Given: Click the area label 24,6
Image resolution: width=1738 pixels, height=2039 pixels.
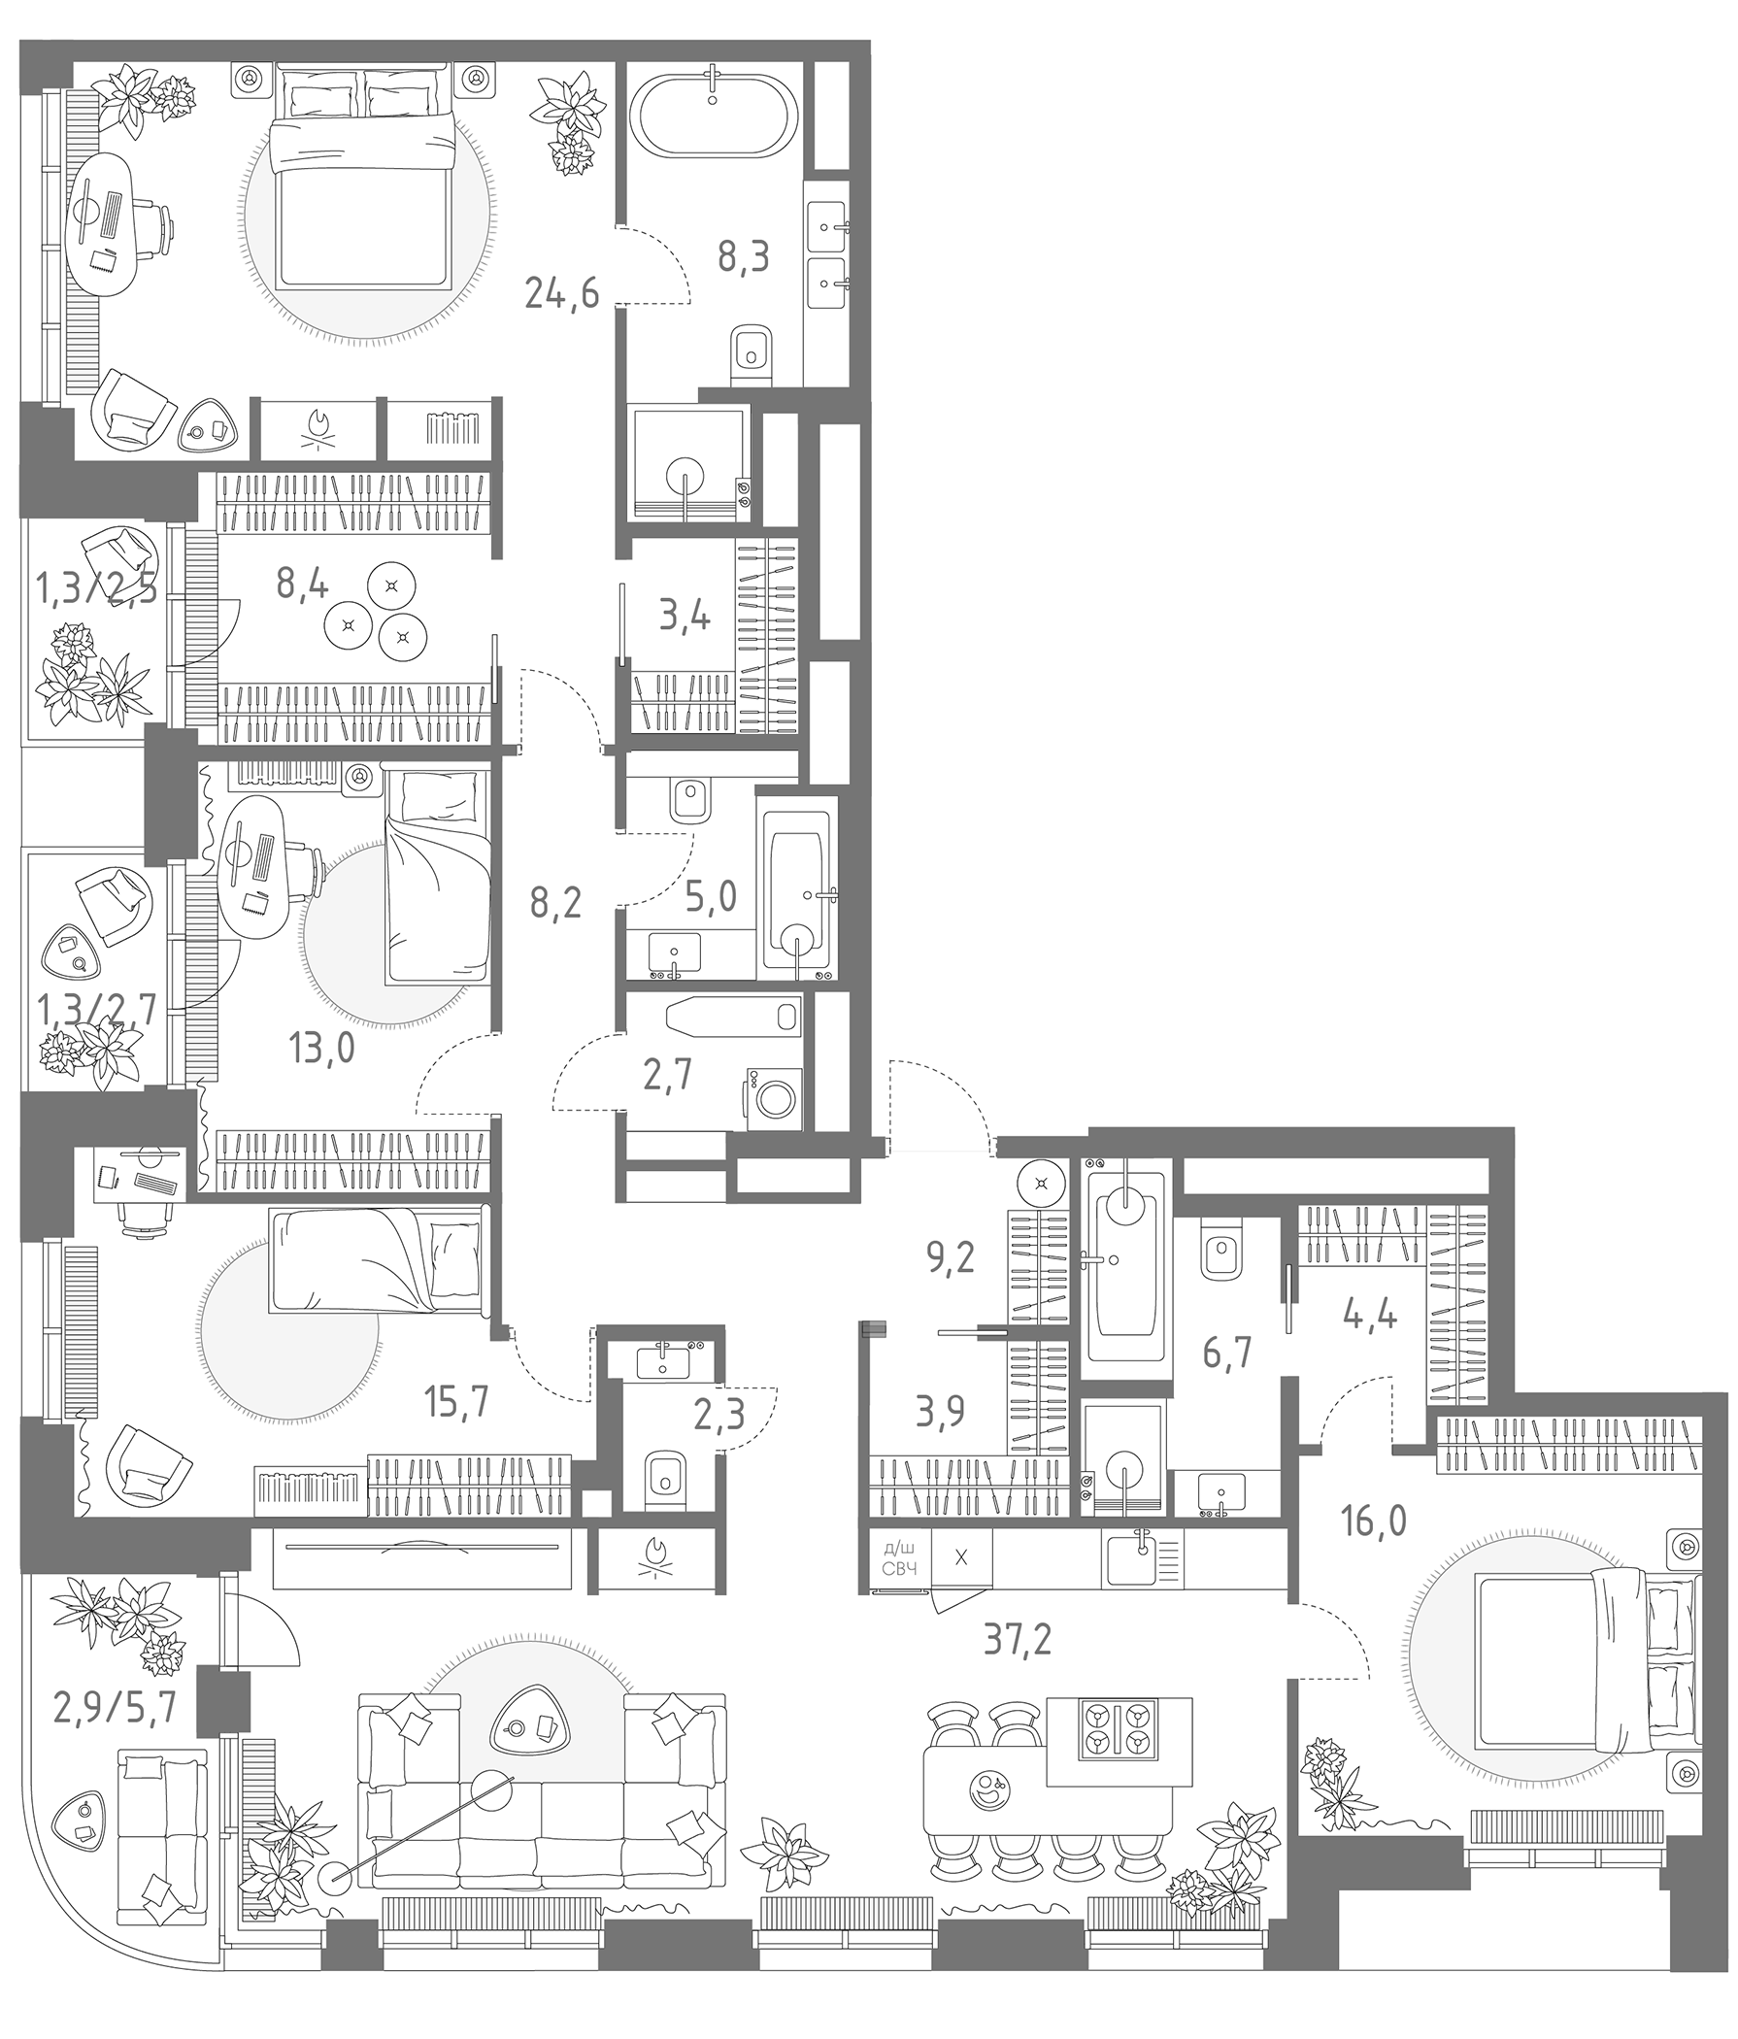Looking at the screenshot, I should click(x=562, y=292).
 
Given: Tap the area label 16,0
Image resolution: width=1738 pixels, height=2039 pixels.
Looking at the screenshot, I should click(x=1374, y=1522).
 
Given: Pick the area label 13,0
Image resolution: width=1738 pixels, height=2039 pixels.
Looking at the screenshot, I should click(x=321, y=1049).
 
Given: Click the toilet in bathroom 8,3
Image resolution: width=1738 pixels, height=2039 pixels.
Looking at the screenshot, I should click(x=752, y=349).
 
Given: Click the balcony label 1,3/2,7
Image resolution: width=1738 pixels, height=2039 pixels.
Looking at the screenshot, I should click(x=96, y=1011).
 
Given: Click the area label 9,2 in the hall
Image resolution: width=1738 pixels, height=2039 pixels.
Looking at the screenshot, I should click(x=950, y=1256).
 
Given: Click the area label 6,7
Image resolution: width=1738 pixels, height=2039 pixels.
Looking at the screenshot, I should click(x=1226, y=1354).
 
